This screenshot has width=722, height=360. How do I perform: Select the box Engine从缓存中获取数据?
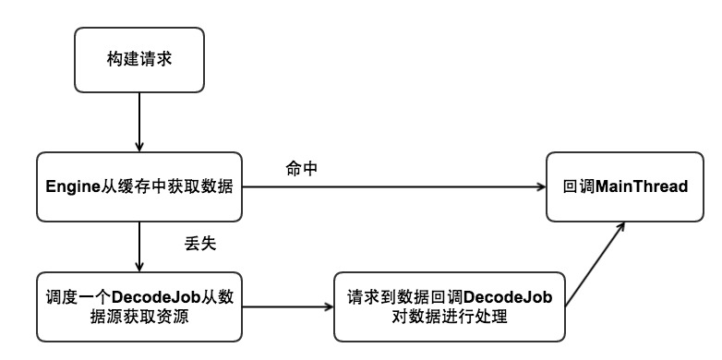coord(138,187)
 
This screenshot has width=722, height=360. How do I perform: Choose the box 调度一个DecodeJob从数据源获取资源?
coord(138,306)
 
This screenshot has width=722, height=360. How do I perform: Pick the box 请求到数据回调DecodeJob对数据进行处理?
coord(449,306)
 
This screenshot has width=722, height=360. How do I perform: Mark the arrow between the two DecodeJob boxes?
coord(286,306)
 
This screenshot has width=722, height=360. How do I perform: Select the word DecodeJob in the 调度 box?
coord(149,297)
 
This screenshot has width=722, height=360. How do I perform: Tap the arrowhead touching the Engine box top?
coord(138,147)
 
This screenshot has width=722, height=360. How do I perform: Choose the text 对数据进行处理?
coord(449,317)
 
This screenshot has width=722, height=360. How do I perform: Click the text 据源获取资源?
coord(138,317)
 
